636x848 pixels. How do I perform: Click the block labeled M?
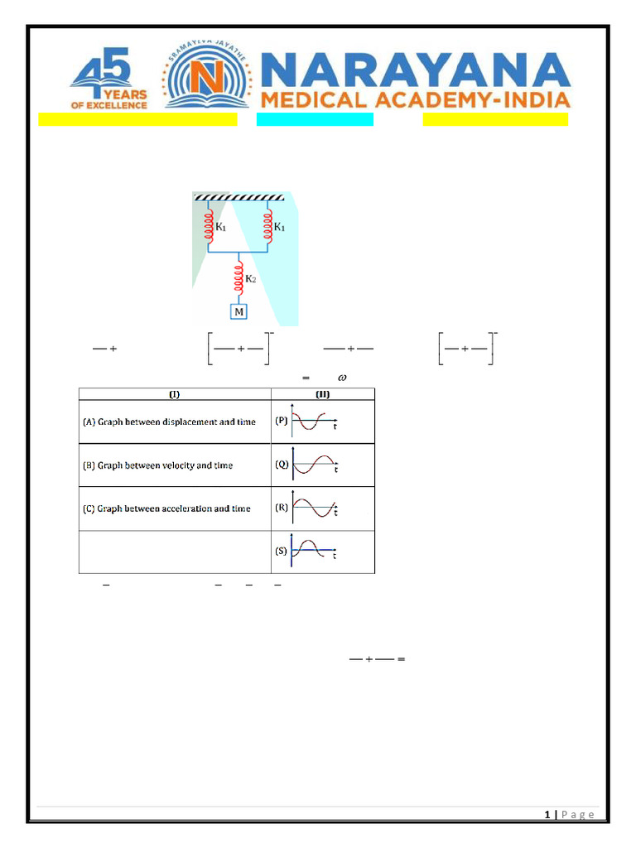pyautogui.click(x=239, y=312)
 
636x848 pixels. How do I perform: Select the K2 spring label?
pyautogui.click(x=249, y=279)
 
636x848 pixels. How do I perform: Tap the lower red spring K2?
pyautogui.click(x=239, y=277)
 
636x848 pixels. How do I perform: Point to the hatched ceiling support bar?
pyautogui.click(x=239, y=197)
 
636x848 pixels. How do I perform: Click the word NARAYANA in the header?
pyautogui.click(x=416, y=72)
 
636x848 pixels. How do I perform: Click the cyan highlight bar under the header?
pyautogui.click(x=315, y=119)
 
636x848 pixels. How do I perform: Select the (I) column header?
pyautogui.click(x=175, y=393)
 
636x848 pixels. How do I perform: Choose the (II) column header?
pyautogui.click(x=323, y=393)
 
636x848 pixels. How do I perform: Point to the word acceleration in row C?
pyautogui.click(x=180, y=508)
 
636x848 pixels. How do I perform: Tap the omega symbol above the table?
pyautogui.click(x=341, y=377)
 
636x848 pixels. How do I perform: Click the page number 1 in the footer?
pyautogui.click(x=547, y=815)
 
